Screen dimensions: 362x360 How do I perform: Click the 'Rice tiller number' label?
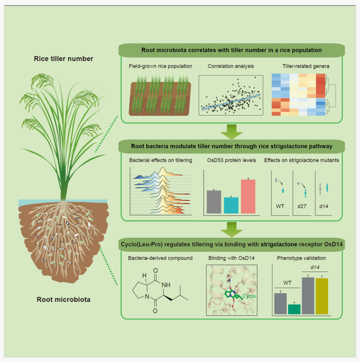(63, 59)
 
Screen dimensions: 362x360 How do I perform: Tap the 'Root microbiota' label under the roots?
(63, 299)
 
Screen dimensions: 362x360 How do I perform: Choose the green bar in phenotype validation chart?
(294, 309)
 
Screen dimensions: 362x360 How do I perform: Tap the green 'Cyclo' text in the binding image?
(249, 296)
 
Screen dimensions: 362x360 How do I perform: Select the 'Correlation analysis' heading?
(231, 66)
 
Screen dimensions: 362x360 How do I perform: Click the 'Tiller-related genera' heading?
(298, 66)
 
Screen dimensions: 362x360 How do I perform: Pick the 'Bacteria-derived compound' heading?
(160, 258)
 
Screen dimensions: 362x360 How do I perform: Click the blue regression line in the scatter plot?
(231, 101)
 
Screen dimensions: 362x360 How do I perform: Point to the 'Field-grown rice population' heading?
(160, 66)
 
